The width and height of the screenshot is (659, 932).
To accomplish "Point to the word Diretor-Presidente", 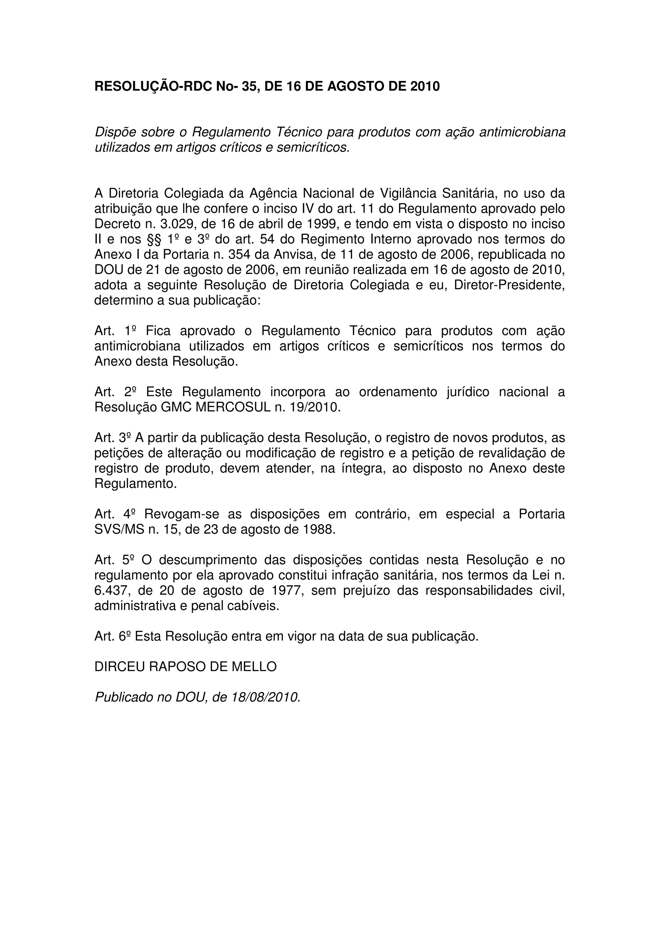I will (x=509, y=285).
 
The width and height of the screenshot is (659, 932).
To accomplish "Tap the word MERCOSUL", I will (x=233, y=407).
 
